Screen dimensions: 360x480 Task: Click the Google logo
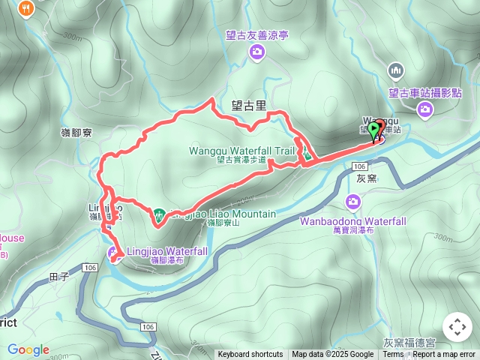click(28, 349)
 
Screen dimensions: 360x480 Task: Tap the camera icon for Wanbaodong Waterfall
click(353, 202)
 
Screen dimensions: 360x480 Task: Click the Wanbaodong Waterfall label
click(352, 221)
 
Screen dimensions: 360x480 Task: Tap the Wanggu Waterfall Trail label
click(241, 150)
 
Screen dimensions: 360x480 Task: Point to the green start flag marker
click(374, 129)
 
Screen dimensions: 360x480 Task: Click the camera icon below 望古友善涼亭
click(257, 52)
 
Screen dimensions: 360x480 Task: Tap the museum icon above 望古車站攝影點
click(397, 71)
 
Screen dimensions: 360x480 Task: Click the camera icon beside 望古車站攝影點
click(426, 110)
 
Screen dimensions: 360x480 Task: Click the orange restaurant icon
click(28, 8)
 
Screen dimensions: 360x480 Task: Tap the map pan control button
click(457, 327)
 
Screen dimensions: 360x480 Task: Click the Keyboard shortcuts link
click(250, 355)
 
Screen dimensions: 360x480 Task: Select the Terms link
click(393, 355)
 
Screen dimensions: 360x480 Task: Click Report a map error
click(445, 355)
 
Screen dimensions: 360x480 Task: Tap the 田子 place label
click(58, 277)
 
